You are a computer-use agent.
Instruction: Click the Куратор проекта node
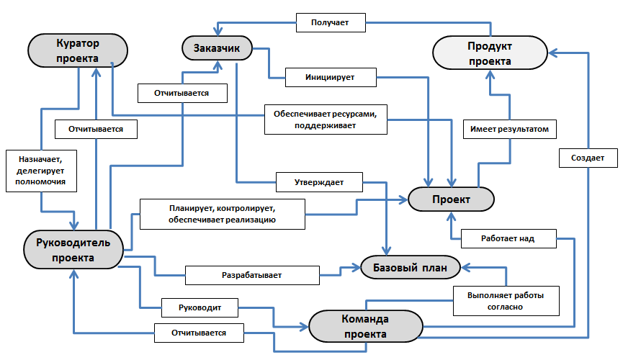click(78, 50)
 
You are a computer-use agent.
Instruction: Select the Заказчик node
click(216, 49)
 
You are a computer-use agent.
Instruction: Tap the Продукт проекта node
click(490, 53)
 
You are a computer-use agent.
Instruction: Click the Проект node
click(451, 199)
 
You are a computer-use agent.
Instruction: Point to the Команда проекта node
click(365, 326)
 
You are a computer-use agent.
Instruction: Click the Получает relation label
click(330, 22)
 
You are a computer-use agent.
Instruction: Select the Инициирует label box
click(329, 76)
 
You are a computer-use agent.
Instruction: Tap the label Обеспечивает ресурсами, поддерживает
click(326, 120)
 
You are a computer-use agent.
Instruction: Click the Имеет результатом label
click(510, 129)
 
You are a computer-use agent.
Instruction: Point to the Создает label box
click(587, 158)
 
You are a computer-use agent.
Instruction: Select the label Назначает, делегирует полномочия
click(40, 171)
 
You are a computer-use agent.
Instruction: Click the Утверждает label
click(318, 183)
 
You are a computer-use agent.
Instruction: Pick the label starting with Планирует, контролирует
click(222, 214)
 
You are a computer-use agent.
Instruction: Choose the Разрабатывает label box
click(251, 274)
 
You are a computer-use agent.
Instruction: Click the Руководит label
click(199, 307)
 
